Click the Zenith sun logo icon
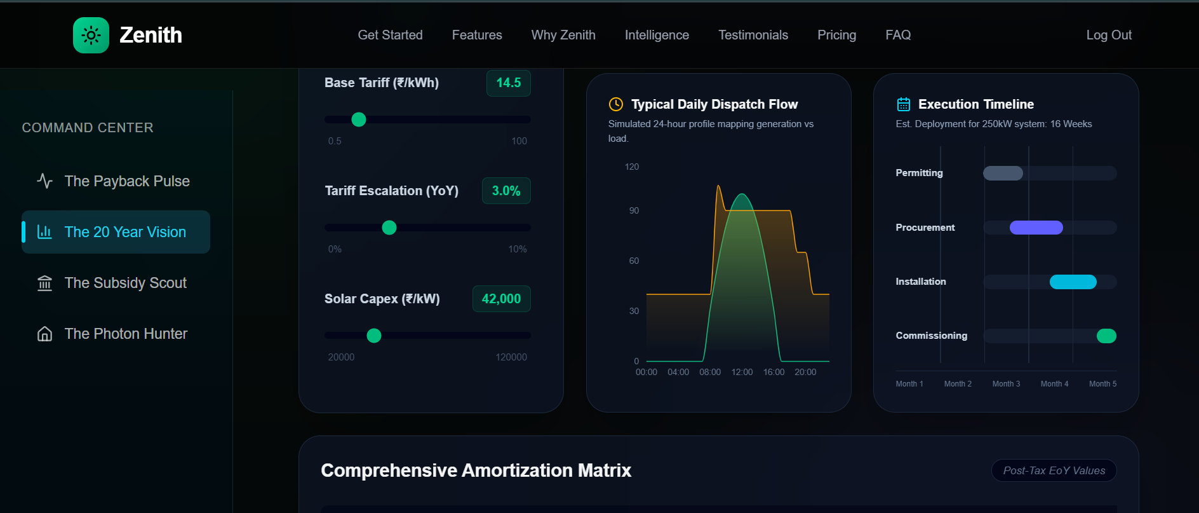coord(91,35)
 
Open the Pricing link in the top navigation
coord(836,35)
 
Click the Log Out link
coord(1108,35)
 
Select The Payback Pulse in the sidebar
coord(126,181)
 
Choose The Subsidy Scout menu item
coord(125,283)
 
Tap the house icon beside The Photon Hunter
coord(44,334)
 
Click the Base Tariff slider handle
coord(359,120)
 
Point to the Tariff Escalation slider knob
coord(389,228)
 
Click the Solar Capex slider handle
coord(374,336)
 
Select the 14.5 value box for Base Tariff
coord(508,83)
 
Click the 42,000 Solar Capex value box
coord(501,299)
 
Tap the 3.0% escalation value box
coord(506,191)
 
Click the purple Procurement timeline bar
coord(1036,228)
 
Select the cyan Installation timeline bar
coord(1073,282)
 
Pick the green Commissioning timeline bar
coord(1106,336)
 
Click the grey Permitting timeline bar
coord(1003,173)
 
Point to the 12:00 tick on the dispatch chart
coord(742,372)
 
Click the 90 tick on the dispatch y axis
coord(634,210)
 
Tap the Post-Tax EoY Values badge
coord(1054,470)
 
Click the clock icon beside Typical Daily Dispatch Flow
coord(615,104)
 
